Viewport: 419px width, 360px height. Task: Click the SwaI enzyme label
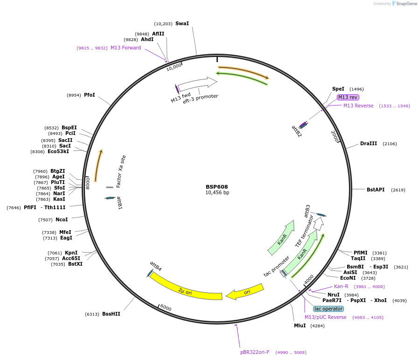point(182,23)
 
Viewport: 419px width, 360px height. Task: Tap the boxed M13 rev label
point(348,97)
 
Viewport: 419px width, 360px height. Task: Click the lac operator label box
point(328,309)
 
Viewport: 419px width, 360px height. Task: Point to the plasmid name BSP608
point(217,186)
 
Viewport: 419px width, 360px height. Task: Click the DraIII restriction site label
point(369,143)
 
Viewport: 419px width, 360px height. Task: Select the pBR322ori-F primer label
point(255,352)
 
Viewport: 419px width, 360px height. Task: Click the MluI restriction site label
point(300,325)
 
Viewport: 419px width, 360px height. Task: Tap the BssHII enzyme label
point(111,314)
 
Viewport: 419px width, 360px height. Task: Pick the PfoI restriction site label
point(90,95)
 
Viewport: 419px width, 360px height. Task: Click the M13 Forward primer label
point(126,48)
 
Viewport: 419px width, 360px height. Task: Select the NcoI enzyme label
point(62,219)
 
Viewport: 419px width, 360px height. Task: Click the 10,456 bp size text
point(217,192)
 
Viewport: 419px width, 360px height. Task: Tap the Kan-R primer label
point(341,286)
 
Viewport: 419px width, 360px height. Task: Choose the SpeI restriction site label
point(338,89)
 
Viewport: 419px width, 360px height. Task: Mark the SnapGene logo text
point(407,4)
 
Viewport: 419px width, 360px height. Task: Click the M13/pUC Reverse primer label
point(326,317)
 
